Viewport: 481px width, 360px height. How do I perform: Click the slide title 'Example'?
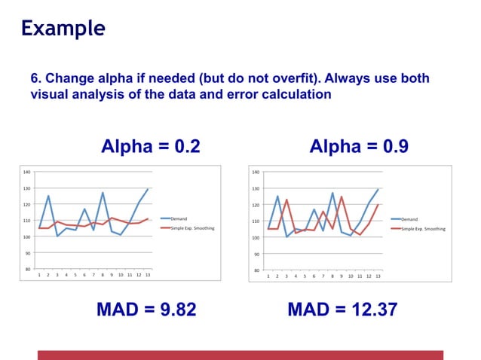(x=63, y=29)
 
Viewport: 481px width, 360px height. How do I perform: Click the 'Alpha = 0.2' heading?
(x=151, y=146)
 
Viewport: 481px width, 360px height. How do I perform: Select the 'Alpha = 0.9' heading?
(x=359, y=146)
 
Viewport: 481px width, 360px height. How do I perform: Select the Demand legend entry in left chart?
(x=179, y=218)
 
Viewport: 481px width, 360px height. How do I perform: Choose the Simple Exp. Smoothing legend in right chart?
(x=423, y=229)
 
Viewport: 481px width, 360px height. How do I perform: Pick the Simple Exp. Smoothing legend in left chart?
(x=192, y=227)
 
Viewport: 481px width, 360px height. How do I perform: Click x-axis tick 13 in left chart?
(x=148, y=276)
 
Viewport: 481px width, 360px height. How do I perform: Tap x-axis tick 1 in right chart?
(x=268, y=276)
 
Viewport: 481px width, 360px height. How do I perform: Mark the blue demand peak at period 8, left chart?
(x=103, y=193)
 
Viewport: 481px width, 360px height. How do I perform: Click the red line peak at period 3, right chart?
(x=286, y=200)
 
